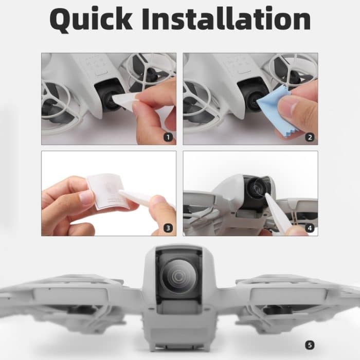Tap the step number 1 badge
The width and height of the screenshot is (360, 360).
167,137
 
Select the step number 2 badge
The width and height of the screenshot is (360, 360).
309,137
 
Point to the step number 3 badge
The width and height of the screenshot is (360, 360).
167,228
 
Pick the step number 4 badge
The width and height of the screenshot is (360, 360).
309,228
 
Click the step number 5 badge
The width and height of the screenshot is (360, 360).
309,345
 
